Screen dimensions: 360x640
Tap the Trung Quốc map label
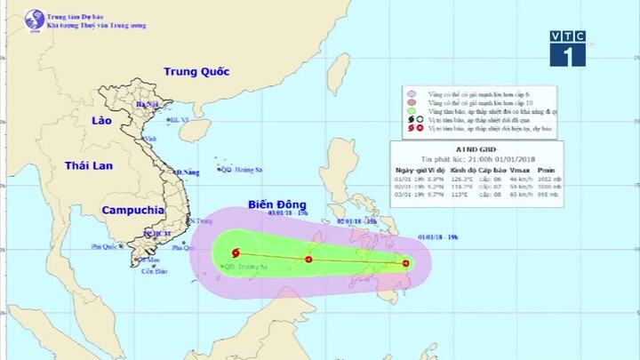pyautogui.click(x=196, y=71)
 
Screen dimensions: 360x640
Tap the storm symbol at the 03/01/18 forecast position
pyautogui.click(x=235, y=254)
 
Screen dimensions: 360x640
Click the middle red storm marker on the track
pyautogui.click(x=308, y=260)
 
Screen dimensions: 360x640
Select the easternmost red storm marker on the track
pyautogui.click(x=406, y=263)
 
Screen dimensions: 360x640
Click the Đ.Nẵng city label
pyautogui.click(x=187, y=172)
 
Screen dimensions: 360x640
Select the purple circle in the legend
pyautogui.click(x=411, y=93)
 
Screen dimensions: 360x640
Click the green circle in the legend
pyautogui.click(x=411, y=111)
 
